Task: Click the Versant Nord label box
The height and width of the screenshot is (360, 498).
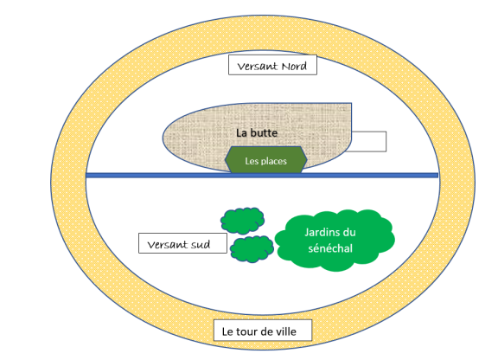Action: point(272,65)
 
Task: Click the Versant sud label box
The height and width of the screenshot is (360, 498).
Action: point(182,243)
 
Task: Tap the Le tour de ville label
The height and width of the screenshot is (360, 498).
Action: point(263,331)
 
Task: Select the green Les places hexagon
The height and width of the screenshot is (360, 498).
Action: point(265,160)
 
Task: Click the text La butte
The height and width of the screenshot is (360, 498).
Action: point(257,132)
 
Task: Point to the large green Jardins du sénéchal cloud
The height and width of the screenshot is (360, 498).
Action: point(335,240)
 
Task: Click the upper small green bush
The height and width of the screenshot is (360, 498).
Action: point(242,221)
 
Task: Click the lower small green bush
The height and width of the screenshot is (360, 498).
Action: point(252,249)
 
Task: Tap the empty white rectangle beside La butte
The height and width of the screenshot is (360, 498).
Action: point(368,142)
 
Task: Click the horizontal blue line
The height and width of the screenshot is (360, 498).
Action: point(262,175)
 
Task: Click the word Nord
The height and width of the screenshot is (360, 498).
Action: point(295,66)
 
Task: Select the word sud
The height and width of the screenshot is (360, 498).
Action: point(201,245)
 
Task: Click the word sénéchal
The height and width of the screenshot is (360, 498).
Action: point(330,248)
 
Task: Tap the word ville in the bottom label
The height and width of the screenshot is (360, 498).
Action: point(284,331)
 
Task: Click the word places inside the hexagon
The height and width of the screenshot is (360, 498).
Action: point(274,161)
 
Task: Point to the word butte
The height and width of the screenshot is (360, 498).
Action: point(264,132)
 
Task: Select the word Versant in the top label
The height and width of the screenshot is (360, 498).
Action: point(258,66)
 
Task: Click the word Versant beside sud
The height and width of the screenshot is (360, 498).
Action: point(168,245)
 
